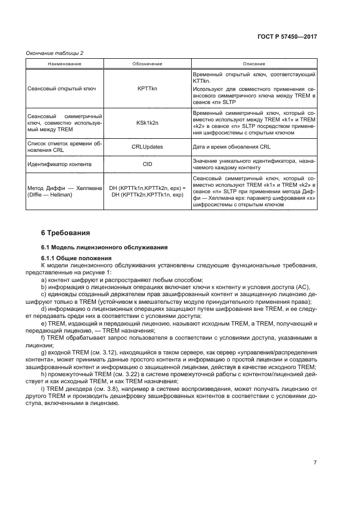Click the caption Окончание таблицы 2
(55, 53)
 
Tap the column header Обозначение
(147, 64)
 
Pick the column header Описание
(253, 64)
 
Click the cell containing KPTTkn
(147, 88)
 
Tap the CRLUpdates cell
(147, 147)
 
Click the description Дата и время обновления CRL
(231, 147)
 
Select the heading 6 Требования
(65, 233)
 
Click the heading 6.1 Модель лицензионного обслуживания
(104, 247)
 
